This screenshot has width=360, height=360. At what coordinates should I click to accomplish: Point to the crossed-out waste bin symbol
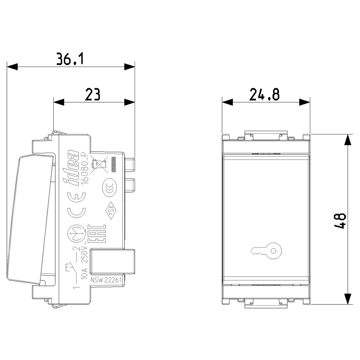click(x=99, y=164)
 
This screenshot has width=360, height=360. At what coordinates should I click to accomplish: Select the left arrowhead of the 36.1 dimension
click(x=12, y=67)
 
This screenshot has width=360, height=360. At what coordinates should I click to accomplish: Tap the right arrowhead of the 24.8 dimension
click(x=305, y=102)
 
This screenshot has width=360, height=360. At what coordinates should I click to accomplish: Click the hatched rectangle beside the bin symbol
click(x=114, y=164)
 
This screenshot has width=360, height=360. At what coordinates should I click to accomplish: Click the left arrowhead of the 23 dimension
click(x=59, y=102)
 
